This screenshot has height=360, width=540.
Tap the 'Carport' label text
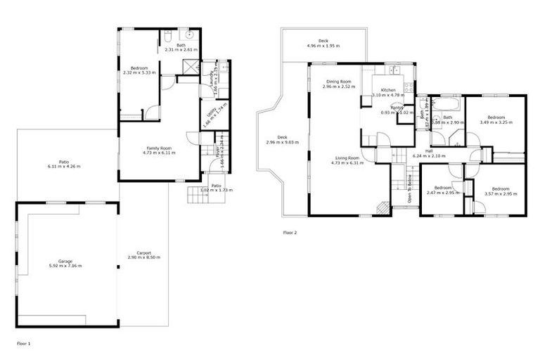pyautogui.click(x=143, y=252)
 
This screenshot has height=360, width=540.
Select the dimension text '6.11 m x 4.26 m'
pyautogui.click(x=63, y=167)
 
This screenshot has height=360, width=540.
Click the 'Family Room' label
pyautogui.click(x=159, y=148)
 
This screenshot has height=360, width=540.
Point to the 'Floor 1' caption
pyautogui.click(x=23, y=344)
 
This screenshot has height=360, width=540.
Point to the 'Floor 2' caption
pyautogui.click(x=290, y=232)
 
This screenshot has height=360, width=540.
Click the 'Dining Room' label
pyautogui.click(x=337, y=82)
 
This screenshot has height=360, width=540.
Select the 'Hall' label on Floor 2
pyautogui.click(x=428, y=150)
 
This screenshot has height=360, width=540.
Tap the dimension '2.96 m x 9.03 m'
pyautogui.click(x=282, y=142)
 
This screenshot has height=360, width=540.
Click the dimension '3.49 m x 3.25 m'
pyautogui.click(x=496, y=122)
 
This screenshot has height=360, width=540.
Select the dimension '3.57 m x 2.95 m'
pyautogui.click(x=500, y=193)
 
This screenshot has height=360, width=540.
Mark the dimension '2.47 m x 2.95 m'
pyautogui.click(x=442, y=193)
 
